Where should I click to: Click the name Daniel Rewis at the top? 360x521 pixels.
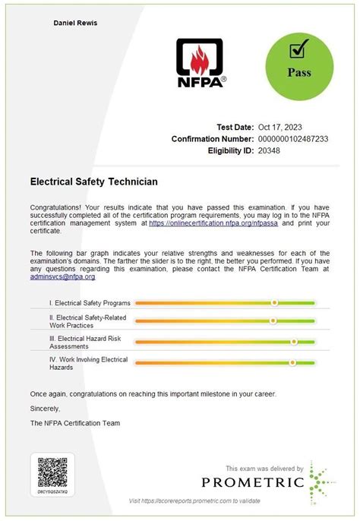click(x=75, y=24)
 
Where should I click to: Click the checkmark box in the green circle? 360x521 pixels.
click(x=298, y=51)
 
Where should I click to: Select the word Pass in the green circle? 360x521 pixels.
click(x=298, y=74)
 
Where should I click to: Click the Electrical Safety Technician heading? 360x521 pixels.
click(x=93, y=182)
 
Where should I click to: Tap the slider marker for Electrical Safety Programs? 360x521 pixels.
click(x=274, y=302)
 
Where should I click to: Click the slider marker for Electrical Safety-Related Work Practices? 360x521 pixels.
click(x=273, y=320)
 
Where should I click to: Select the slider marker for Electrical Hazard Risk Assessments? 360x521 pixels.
click(x=294, y=342)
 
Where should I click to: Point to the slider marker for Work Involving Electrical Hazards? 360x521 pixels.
click(x=292, y=363)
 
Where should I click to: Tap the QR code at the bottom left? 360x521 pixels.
click(x=52, y=472)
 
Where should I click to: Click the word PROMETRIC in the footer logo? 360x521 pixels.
click(x=253, y=482)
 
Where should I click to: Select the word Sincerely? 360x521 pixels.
click(x=44, y=409)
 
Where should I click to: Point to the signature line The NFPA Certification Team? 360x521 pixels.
click(x=74, y=423)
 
